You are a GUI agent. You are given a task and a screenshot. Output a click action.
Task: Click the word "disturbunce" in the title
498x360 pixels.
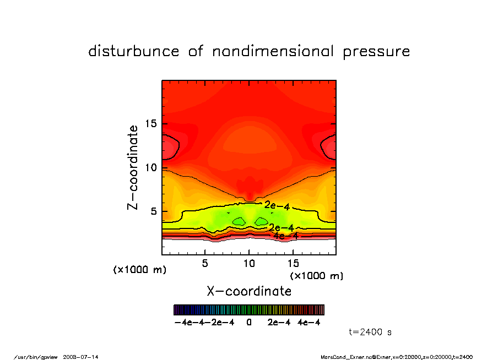[134, 52]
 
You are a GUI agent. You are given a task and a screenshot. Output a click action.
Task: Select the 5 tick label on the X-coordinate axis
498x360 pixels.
[205, 263]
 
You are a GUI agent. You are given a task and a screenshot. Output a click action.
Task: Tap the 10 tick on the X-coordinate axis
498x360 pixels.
[249, 263]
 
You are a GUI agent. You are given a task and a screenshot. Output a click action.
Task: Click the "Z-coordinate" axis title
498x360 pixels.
[133, 167]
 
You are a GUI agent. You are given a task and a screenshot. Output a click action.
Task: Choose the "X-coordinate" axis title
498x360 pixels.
[249, 291]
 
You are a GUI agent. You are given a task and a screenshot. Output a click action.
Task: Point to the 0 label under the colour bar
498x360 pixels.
[249, 323]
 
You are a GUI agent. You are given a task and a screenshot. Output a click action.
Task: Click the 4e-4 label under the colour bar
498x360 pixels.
[309, 323]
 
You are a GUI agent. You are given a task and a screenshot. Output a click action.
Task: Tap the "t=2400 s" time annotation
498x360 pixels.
[370, 332]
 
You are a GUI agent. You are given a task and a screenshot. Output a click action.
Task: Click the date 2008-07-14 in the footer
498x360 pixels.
[84, 357]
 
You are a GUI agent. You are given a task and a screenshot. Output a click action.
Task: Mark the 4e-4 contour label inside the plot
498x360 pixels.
[286, 236]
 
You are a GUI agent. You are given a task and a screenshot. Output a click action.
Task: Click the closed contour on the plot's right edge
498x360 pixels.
[329, 147]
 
